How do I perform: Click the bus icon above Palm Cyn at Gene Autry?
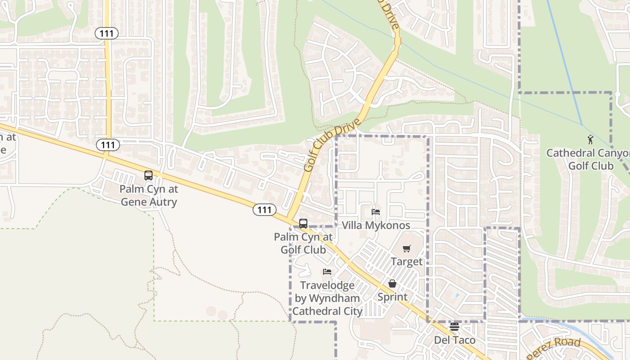(x=148, y=175)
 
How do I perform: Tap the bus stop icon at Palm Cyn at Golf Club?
(x=303, y=223)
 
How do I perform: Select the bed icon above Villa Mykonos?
(x=376, y=211)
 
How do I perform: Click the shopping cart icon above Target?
(x=407, y=248)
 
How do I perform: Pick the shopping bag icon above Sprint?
(x=392, y=283)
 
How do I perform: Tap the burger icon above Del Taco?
(x=454, y=327)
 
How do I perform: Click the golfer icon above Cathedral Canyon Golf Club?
(x=590, y=140)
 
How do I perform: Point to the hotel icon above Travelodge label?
(x=327, y=272)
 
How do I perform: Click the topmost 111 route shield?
(x=107, y=33)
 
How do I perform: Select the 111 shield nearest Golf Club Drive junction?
(x=264, y=209)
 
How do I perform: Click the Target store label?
(x=406, y=261)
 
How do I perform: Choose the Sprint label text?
(x=392, y=297)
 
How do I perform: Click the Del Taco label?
(x=454, y=340)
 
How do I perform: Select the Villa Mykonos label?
(x=376, y=225)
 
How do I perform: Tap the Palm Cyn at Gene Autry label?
(x=148, y=195)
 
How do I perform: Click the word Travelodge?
(x=327, y=285)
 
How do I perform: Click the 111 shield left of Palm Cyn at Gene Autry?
(x=108, y=145)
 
